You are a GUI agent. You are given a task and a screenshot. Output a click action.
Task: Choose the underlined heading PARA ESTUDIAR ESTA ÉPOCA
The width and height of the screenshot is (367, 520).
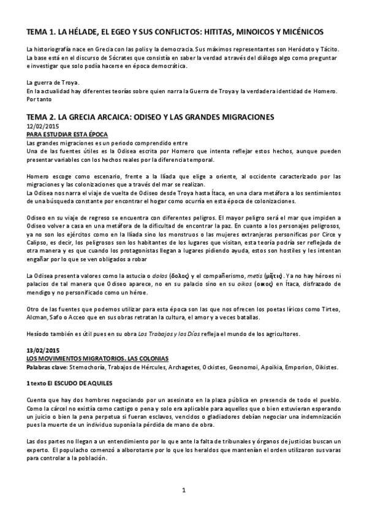[65, 133]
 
